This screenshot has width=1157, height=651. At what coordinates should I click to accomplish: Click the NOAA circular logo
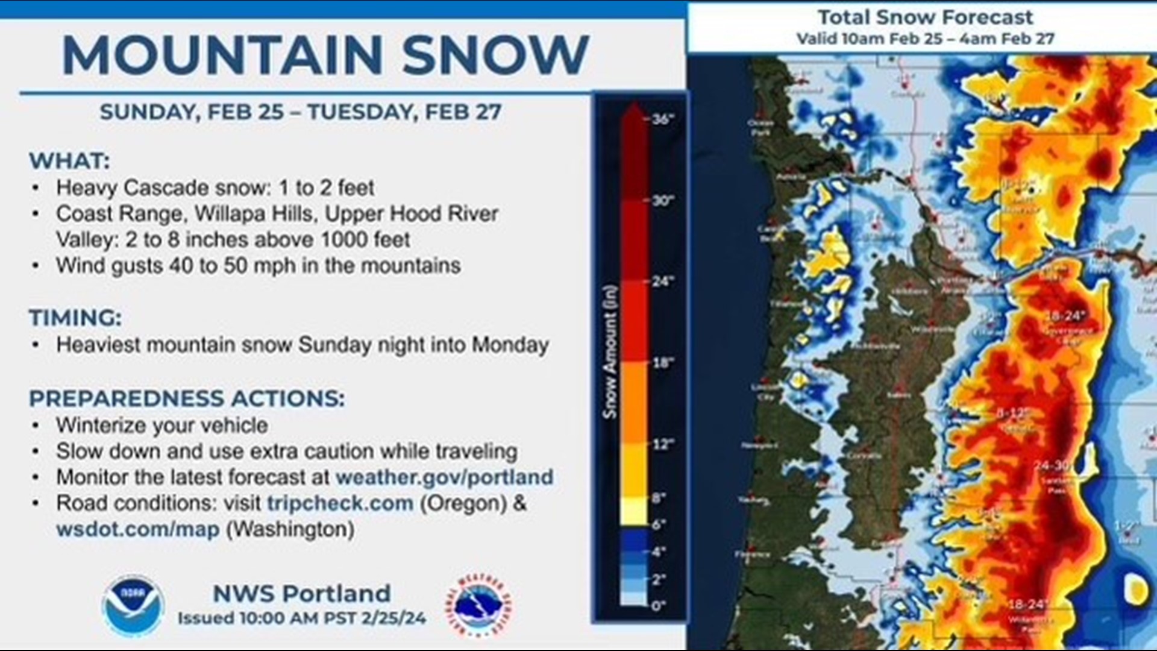[133, 605]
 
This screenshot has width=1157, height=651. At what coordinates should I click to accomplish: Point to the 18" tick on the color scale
[663, 363]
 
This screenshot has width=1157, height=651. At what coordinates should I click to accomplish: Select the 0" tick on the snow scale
[658, 605]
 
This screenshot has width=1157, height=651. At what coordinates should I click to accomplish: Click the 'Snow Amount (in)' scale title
[610, 352]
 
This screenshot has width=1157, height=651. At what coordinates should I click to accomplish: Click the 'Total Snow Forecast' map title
[925, 17]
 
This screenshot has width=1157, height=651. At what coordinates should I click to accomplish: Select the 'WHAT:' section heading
[69, 161]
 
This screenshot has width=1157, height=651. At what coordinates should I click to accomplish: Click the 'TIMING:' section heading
[75, 318]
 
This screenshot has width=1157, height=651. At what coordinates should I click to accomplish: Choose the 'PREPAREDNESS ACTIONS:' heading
[187, 398]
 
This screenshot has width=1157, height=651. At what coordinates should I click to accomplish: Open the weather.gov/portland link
[444, 477]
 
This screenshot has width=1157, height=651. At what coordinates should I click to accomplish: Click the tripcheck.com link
[340, 503]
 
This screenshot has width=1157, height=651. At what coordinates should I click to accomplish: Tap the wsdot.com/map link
[137, 529]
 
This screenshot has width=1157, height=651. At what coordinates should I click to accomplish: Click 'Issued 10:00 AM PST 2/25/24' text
[301, 618]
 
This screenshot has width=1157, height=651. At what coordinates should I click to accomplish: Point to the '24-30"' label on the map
[1052, 466]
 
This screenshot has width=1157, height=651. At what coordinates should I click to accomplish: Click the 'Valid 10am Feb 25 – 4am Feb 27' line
[925, 39]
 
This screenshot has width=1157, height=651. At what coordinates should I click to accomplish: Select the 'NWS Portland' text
[301, 594]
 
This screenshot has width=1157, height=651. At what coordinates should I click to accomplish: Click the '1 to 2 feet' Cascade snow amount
[326, 188]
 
